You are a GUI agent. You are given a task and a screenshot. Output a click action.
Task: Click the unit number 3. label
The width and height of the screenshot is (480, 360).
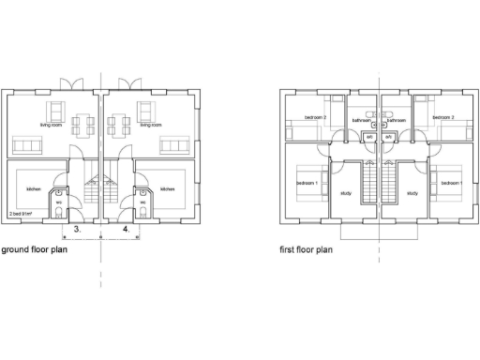[x=79, y=228]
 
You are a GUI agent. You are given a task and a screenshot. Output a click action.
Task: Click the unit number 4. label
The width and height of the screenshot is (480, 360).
[x=125, y=228]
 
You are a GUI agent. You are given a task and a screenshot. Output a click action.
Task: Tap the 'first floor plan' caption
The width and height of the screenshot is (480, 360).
[x=307, y=250]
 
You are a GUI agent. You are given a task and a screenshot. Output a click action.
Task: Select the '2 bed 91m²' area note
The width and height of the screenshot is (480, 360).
[x=21, y=214]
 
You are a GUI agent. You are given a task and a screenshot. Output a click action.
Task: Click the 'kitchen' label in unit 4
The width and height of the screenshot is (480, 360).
[x=167, y=189]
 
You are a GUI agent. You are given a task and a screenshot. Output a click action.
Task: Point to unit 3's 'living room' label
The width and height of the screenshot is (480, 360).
[x=51, y=125]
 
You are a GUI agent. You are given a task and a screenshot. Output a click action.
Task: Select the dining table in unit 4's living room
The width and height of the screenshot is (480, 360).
[x=119, y=123]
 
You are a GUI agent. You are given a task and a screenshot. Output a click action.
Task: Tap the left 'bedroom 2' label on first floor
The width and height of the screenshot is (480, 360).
[x=314, y=118]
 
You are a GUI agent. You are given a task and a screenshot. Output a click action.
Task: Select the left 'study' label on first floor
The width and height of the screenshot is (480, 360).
[x=347, y=194]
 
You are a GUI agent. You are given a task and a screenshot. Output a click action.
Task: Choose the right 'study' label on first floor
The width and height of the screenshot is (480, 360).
[x=412, y=194]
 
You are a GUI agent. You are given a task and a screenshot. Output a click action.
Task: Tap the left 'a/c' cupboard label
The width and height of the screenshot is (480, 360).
[x=370, y=137]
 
